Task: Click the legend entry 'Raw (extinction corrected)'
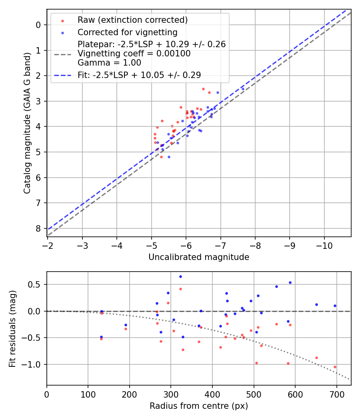[132, 20]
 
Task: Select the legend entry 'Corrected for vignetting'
[127, 32]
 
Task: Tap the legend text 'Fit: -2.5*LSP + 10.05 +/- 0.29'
[139, 75]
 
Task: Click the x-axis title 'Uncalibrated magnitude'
[199, 257]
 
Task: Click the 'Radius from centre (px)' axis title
[199, 406]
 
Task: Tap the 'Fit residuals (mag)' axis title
[13, 328]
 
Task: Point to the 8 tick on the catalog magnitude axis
[38, 228]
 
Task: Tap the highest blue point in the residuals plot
[180, 276]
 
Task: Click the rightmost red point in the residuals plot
[335, 367]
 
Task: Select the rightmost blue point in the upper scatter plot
[243, 89]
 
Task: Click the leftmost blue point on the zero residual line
[102, 311]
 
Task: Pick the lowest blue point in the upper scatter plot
[169, 157]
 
